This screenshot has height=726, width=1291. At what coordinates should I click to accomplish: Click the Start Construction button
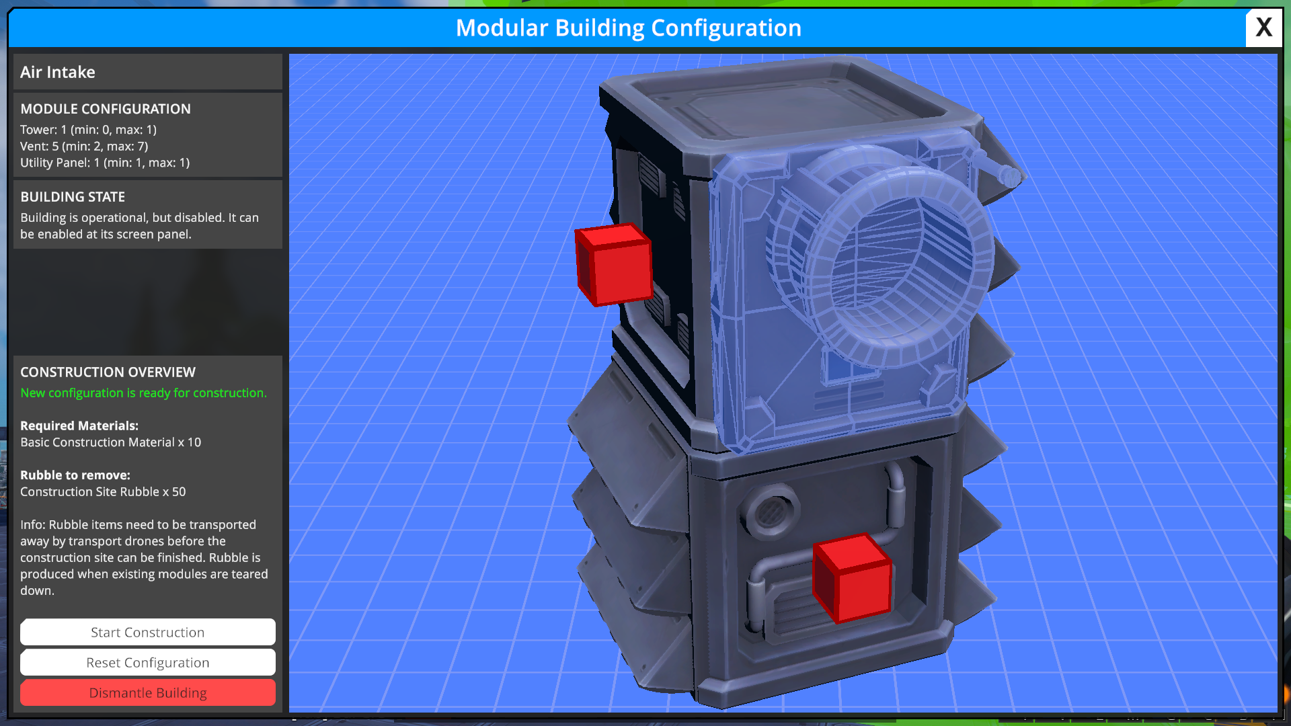(148, 632)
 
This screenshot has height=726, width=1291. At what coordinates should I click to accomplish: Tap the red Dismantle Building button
(148, 692)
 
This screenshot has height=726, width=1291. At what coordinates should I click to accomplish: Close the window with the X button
(1263, 28)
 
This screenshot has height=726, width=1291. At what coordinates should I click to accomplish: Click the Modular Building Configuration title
(628, 28)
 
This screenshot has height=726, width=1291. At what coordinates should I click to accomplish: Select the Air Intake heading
(58, 72)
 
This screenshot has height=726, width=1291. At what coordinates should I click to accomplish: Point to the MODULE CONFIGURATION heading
(106, 109)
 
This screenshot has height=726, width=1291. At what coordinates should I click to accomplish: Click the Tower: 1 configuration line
(88, 130)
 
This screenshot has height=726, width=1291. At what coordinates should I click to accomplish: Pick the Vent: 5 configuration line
(84, 146)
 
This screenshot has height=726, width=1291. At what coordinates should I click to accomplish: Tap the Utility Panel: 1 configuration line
(105, 163)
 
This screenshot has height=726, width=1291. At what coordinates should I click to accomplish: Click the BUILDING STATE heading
(73, 197)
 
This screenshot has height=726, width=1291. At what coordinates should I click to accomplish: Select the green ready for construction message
(143, 393)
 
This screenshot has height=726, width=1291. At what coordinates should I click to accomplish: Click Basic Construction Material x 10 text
(110, 442)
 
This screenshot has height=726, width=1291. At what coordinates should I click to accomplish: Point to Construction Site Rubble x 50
(103, 491)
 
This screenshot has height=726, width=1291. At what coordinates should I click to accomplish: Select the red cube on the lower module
(852, 578)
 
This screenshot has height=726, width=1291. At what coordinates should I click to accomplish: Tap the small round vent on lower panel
(771, 513)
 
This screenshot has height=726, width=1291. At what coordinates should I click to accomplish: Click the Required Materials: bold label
(79, 426)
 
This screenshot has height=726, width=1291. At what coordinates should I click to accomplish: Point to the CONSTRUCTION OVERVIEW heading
(108, 372)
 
